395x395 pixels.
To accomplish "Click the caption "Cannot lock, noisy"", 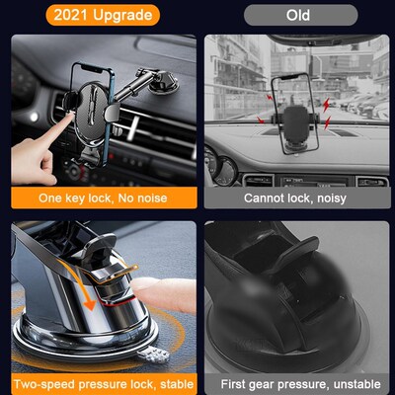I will point(297,197).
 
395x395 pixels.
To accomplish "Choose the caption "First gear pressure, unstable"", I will point(297,382).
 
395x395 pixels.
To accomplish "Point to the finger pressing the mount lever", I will point(163,296).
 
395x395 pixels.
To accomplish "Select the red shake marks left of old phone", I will point(265,106).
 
